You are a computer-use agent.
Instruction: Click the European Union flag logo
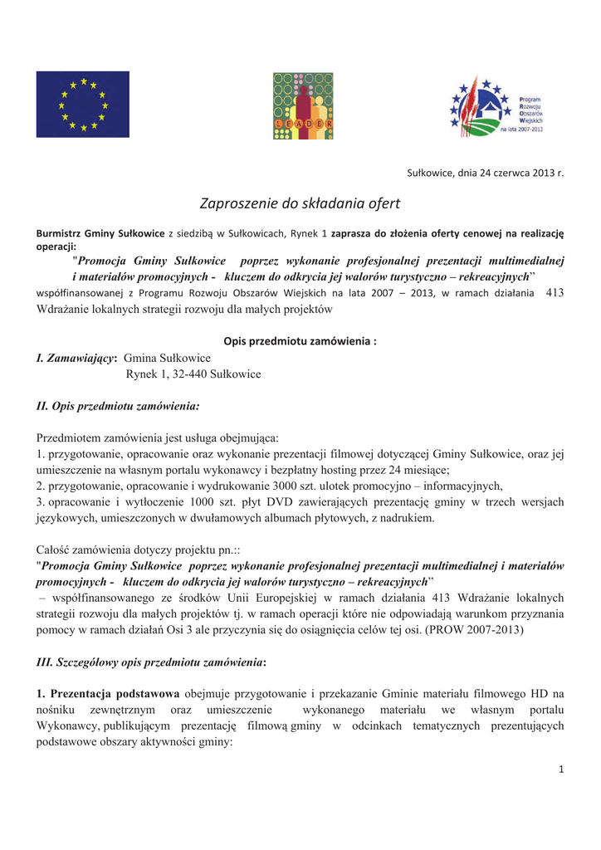point(82,105)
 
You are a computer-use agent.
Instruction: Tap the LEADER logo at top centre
point(303,105)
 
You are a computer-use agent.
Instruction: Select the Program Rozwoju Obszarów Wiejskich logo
point(496,106)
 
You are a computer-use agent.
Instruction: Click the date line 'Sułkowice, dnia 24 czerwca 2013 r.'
point(485,173)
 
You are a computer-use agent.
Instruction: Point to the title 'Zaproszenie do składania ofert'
point(300,203)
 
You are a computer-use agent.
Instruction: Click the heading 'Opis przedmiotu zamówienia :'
point(300,341)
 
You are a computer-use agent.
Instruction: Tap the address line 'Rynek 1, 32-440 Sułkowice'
point(193,374)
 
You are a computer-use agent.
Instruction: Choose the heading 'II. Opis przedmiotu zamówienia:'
point(118,407)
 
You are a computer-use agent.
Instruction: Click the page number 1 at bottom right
point(561,769)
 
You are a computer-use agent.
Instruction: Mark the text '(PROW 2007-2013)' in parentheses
point(474,630)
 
